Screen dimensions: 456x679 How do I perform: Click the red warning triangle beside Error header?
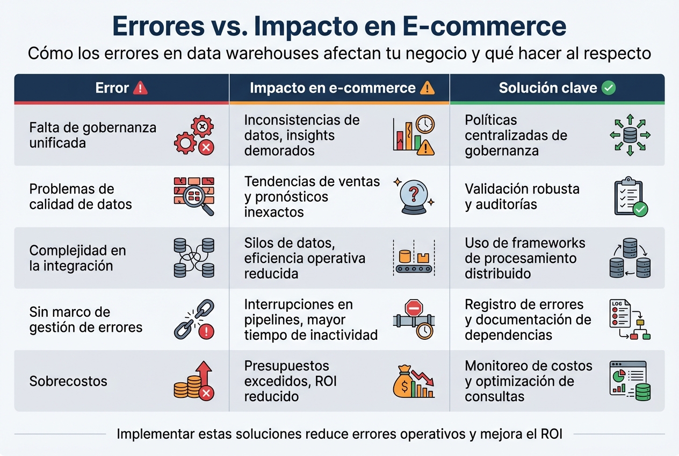(140, 88)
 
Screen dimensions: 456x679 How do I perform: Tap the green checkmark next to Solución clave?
(609, 88)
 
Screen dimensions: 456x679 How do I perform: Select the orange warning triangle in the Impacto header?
(427, 88)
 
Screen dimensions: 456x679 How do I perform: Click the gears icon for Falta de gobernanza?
(194, 136)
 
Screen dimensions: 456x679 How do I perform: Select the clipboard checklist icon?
(630, 197)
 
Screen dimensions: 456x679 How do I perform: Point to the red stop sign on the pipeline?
(414, 309)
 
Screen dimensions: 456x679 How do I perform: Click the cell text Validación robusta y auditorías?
(522, 197)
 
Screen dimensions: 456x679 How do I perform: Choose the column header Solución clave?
(547, 88)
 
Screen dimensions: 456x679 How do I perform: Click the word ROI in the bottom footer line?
(550, 434)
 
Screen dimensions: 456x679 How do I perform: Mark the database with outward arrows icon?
(630, 135)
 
